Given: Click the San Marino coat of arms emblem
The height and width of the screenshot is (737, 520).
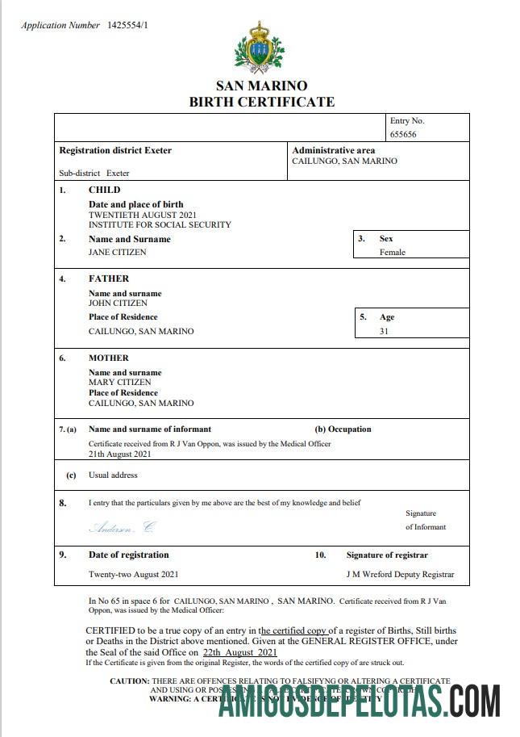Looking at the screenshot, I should tap(260, 47).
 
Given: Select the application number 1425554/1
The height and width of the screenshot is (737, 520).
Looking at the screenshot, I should tap(127, 26).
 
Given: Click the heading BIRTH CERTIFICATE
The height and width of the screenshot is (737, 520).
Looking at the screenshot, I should tap(261, 102).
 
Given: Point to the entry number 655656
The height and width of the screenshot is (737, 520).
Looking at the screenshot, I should tap(403, 135).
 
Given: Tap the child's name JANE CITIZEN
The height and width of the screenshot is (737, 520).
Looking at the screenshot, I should tap(118, 252).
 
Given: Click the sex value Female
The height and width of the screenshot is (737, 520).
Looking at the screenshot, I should tap(393, 252).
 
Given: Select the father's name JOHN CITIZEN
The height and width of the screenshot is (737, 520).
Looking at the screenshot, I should tap(118, 304).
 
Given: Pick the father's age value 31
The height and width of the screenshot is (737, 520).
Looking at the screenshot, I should tap(385, 331).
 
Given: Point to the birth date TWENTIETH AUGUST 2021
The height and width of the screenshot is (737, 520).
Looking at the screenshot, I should tap(143, 216).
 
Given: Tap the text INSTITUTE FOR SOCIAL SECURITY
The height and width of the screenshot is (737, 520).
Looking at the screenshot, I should tap(160, 225).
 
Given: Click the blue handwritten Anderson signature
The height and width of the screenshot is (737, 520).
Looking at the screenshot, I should tap(121, 527).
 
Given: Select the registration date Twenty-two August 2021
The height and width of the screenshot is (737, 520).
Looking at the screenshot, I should tap(133, 575).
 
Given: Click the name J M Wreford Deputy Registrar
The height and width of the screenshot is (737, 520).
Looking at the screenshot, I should tap(400, 575).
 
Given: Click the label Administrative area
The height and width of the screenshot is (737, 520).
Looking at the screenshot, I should tap(334, 150).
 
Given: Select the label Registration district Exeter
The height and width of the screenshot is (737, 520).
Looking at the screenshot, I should tap(115, 150).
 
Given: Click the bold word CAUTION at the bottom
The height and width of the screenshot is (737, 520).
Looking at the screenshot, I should tap(129, 681).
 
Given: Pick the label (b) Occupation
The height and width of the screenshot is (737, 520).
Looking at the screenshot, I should tap(343, 429).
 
